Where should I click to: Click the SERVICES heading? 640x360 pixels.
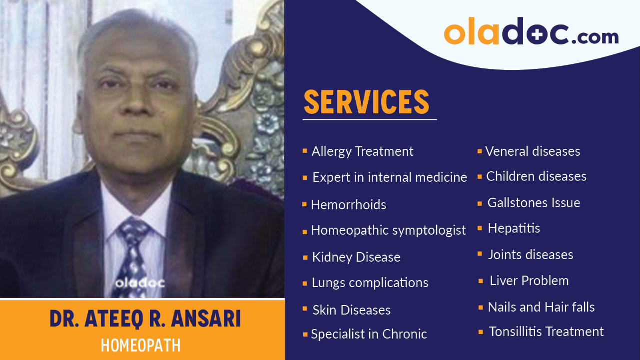tap(366, 102)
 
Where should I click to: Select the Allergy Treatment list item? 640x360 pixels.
tap(362, 151)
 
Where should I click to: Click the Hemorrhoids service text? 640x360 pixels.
tap(348, 205)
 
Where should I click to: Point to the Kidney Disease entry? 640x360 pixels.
tap(356, 257)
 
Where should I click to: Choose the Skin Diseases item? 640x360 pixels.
tap(351, 310)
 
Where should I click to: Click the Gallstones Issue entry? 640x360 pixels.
tap(534, 203)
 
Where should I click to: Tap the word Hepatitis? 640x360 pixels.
tap(514, 229)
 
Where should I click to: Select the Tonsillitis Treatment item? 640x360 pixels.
tap(546, 332)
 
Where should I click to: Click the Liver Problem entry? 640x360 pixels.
tap(529, 281)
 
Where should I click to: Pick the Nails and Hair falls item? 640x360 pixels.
tap(541, 307)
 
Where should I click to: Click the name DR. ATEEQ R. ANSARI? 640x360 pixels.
tap(145, 319)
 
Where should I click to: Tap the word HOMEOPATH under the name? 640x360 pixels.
tap(140, 346)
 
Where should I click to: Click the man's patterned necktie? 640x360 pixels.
tap(131, 255)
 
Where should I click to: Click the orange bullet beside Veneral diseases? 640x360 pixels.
tap(480, 151)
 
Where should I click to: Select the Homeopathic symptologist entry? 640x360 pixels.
tap(388, 230)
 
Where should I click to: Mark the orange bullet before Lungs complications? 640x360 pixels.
tap(305, 284)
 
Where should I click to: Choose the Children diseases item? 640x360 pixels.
tap(536, 176)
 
